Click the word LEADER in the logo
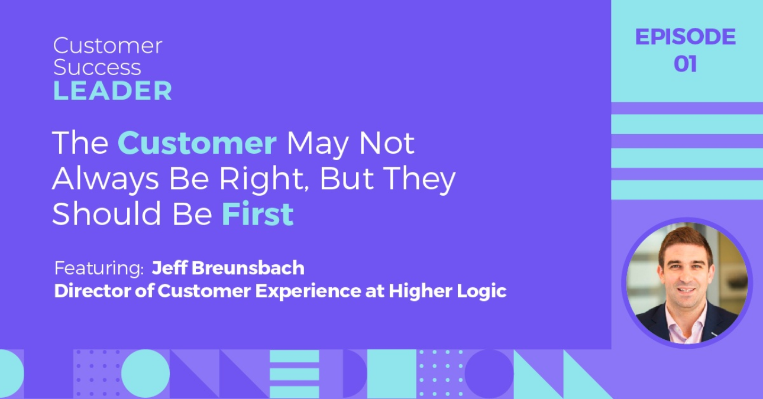[112, 91]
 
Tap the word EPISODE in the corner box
[686, 37]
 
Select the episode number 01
[686, 64]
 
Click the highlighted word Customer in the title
[197, 142]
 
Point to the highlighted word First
[257, 214]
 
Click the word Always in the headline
[105, 180]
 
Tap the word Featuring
[99, 268]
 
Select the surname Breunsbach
[248, 268]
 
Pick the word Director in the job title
[92, 291]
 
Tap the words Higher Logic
[448, 291]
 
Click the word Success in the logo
[97, 67]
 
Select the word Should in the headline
[106, 214]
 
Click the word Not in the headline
[387, 142]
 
